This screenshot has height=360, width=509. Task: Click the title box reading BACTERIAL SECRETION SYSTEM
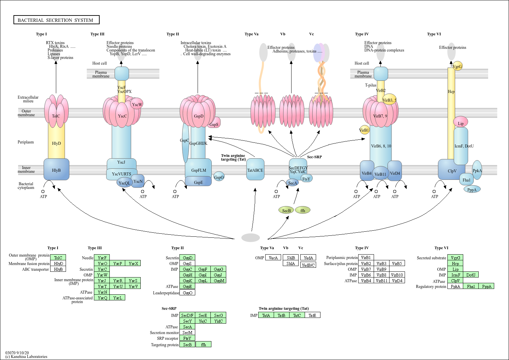56,20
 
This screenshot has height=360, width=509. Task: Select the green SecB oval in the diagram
286,210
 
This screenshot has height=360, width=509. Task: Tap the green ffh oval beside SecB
303,210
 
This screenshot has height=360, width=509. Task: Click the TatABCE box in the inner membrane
255,170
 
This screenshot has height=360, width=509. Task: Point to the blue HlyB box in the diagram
57,170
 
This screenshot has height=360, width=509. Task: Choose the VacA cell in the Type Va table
273,258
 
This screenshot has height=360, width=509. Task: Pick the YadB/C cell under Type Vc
308,265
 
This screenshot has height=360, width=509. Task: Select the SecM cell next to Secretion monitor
187,332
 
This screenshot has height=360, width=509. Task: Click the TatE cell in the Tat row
312,315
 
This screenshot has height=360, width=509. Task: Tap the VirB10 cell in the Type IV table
397,275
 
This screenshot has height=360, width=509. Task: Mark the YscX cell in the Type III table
133,263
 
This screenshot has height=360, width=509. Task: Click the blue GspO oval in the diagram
219,177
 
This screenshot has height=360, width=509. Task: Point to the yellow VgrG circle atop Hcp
457,66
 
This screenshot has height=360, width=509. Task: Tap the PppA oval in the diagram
472,190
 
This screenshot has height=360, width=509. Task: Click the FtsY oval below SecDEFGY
306,179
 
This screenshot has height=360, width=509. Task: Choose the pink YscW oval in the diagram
137,104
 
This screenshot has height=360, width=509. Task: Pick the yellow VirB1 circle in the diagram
364,130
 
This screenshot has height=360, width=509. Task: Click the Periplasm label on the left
26,142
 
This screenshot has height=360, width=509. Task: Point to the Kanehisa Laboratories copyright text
26,357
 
